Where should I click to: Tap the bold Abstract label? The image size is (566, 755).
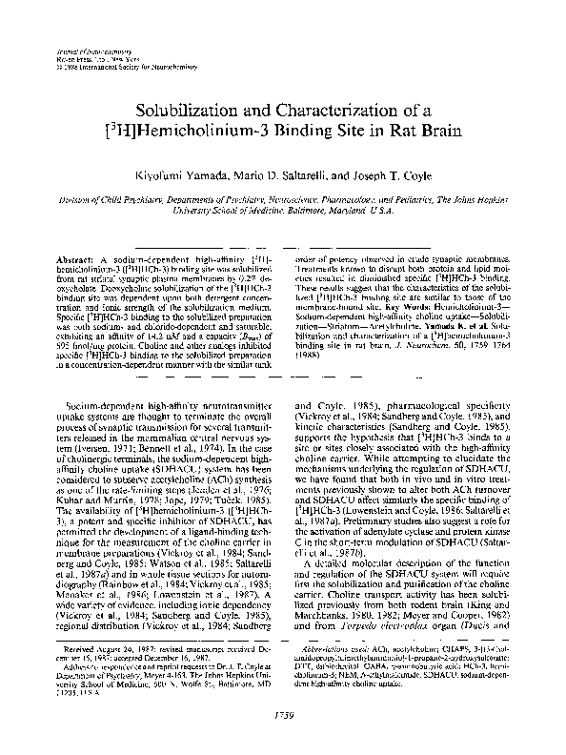77,260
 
